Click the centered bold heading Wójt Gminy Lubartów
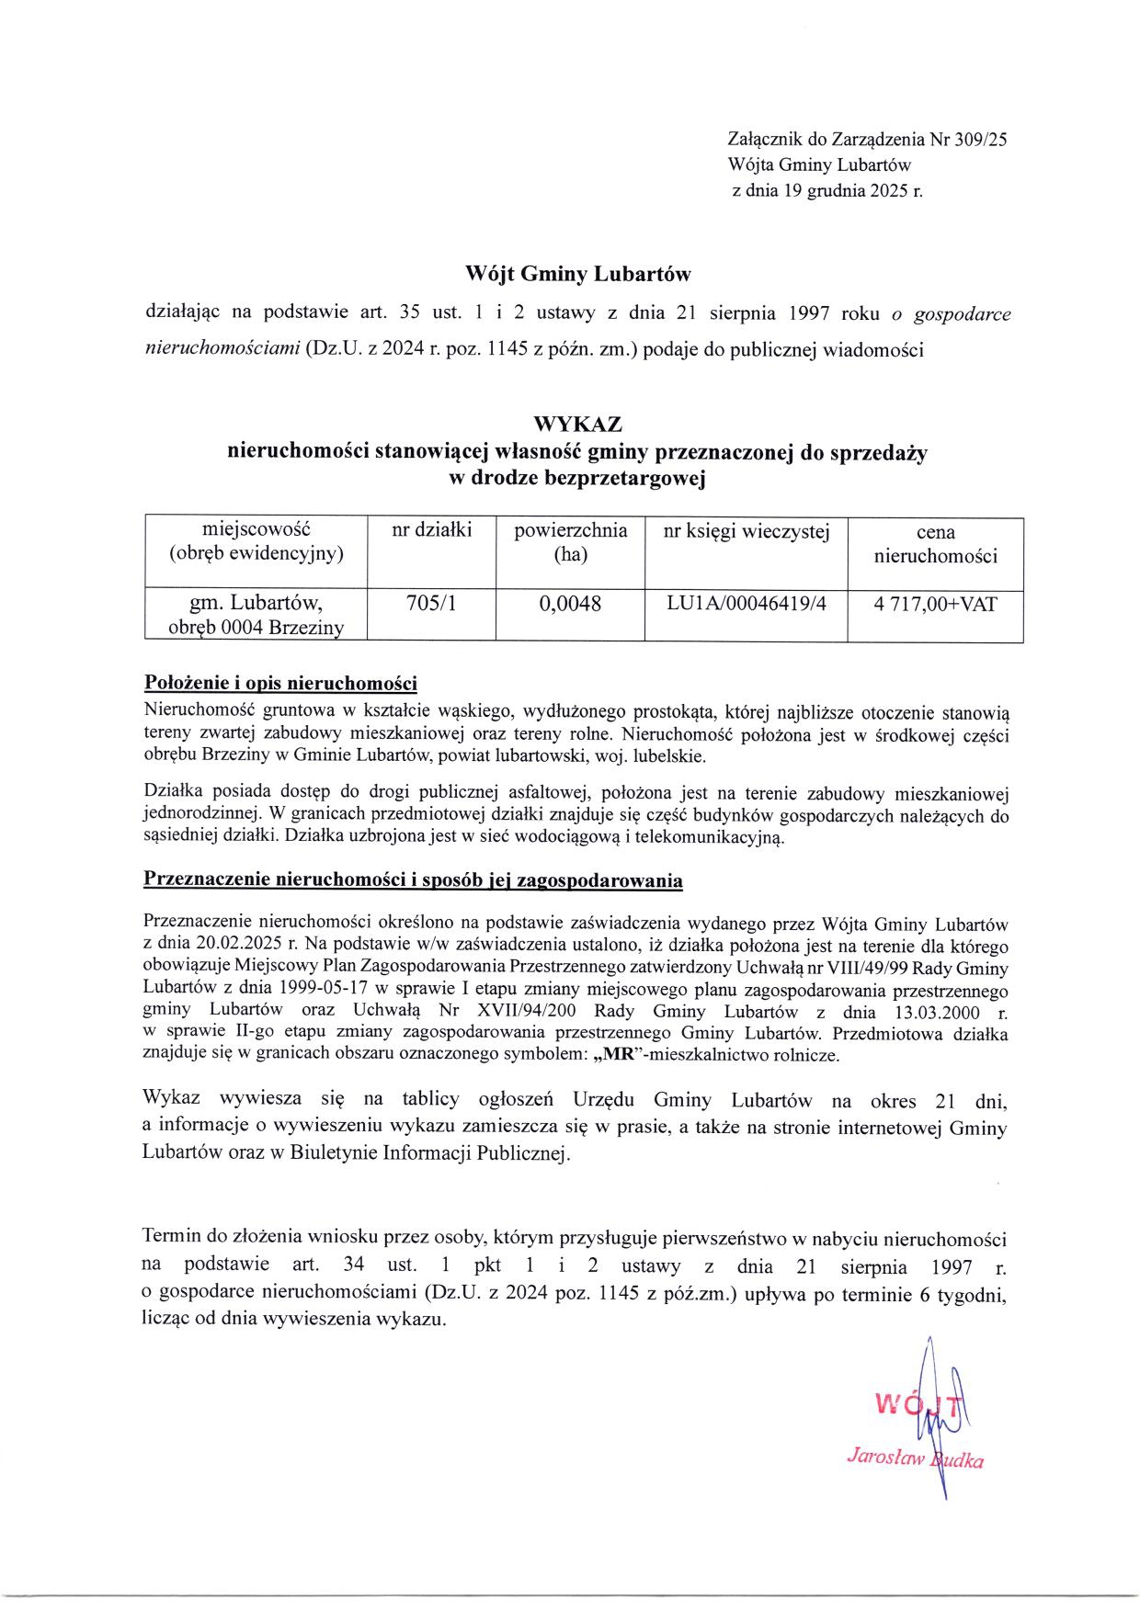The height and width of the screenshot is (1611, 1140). click(577, 274)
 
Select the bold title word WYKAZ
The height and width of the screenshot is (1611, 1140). click(577, 425)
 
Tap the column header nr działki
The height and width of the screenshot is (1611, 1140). click(431, 529)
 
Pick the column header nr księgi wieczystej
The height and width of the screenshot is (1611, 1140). click(747, 530)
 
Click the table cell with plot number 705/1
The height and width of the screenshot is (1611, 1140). click(431, 604)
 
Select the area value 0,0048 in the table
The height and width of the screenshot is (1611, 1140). click(570, 604)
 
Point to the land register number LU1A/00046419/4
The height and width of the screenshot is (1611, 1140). click(747, 604)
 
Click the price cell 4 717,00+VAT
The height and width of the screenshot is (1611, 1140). click(935, 604)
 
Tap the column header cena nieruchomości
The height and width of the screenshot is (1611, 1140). click(935, 544)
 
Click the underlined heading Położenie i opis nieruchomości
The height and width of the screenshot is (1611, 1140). click(281, 684)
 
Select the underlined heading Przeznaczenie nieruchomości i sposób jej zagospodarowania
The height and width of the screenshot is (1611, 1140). click(414, 879)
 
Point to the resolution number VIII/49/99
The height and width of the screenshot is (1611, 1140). click(868, 968)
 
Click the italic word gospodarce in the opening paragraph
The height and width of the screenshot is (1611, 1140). click(959, 313)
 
